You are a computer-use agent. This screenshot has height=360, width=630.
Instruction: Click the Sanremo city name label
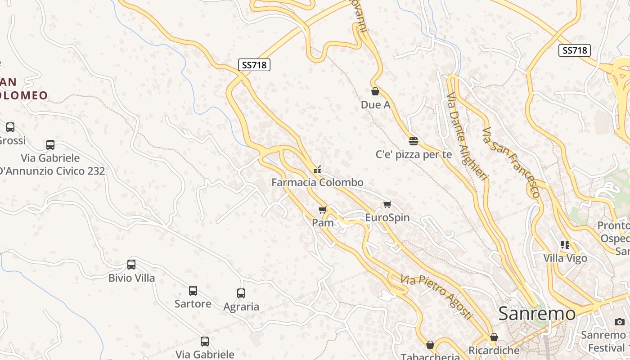coord(537,314)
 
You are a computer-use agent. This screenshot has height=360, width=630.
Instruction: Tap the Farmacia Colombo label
coord(317,182)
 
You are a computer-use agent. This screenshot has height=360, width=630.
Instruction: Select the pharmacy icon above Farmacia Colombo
coord(317,170)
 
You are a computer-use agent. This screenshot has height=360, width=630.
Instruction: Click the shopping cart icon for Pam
coord(323,210)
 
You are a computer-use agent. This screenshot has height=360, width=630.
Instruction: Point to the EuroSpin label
coord(387,218)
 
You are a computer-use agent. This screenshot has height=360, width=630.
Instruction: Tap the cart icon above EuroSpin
coord(387,205)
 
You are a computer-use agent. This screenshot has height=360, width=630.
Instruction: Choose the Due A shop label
coord(375,105)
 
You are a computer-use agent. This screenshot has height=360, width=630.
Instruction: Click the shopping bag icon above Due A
coord(375,91)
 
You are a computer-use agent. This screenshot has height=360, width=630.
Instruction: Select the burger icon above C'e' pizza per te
coord(414,141)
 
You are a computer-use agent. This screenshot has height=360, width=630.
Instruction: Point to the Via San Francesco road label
coord(511,162)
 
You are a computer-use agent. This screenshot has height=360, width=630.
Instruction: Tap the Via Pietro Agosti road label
coord(436,297)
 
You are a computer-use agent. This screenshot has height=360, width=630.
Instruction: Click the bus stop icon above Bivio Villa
coord(131,265)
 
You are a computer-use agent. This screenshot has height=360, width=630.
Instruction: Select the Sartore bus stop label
coord(193,304)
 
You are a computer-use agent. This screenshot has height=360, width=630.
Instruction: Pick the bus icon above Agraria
coord(241,293)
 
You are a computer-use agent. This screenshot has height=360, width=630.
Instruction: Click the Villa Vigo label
coord(565,258)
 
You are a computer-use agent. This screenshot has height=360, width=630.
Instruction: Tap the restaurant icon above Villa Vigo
coord(565,245)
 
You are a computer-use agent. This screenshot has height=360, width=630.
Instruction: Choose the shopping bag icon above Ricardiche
coord(494,337)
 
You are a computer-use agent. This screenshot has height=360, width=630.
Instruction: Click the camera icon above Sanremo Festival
coord(620,322)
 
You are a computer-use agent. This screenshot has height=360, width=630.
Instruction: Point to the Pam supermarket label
coord(323,223)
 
